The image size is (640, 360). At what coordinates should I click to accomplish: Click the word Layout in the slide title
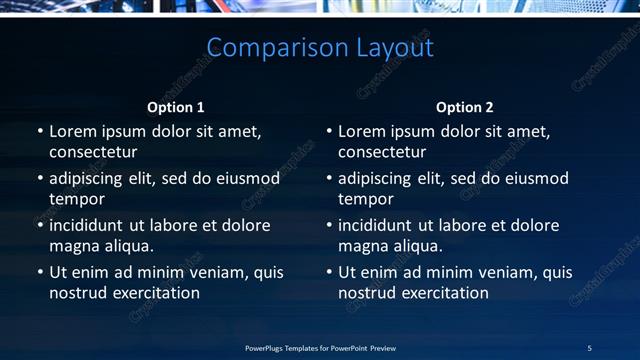coord(394,48)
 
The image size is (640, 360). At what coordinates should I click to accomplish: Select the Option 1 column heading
coord(176,107)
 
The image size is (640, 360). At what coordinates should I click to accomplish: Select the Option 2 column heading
coord(465,107)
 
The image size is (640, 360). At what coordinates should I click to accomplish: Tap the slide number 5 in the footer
coord(589,348)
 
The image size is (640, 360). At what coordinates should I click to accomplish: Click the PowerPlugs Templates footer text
coord(320,348)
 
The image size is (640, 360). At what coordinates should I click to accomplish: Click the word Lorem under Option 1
coord(72,131)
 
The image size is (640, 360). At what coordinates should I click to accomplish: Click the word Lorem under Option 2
coord(361,131)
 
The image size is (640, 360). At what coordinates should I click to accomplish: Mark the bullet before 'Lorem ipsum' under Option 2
coord(329,131)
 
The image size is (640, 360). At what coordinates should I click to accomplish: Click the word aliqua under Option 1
coord(125,246)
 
